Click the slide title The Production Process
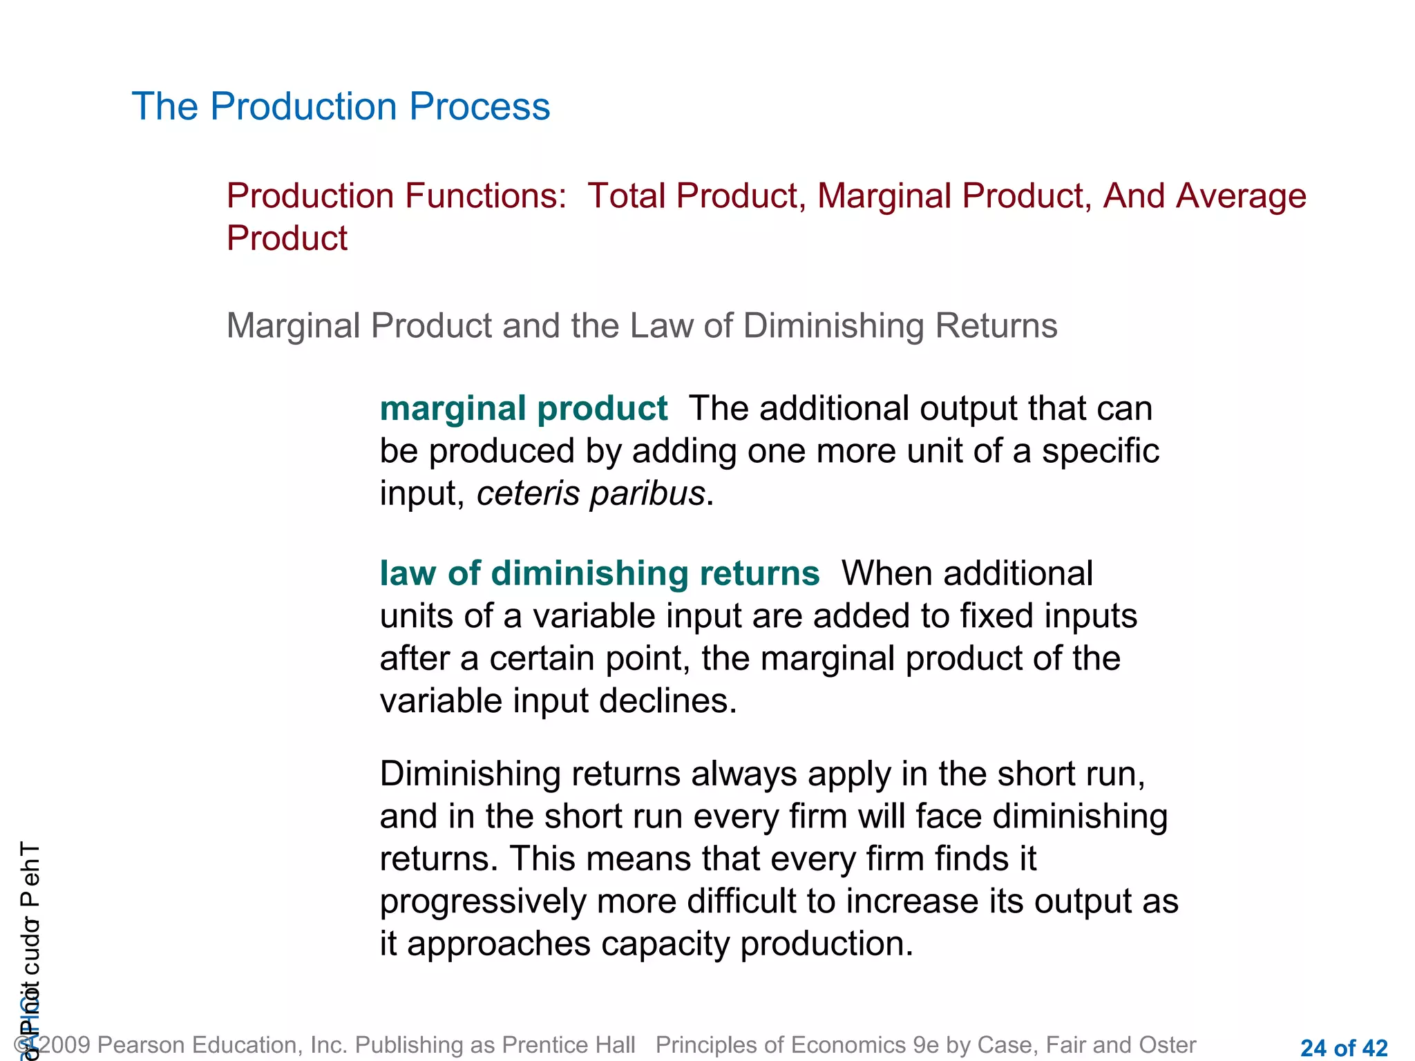click(341, 107)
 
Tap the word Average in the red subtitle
click(1240, 196)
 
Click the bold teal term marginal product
click(523, 409)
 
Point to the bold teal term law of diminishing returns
click(599, 574)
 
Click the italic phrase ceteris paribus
click(591, 495)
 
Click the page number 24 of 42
click(1343, 1048)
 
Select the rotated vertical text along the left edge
click(30, 946)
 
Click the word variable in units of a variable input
click(593, 617)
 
